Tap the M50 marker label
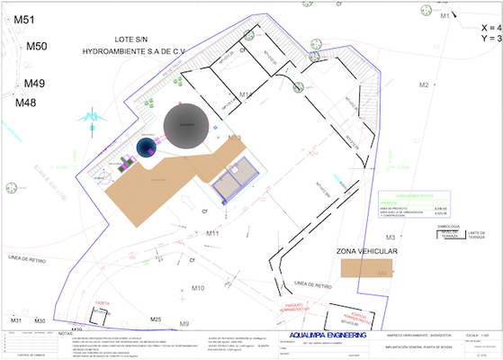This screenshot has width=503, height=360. (37, 46)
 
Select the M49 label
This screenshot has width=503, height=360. (34, 84)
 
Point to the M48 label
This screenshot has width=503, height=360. (26, 103)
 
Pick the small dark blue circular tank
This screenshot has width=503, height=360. (147, 148)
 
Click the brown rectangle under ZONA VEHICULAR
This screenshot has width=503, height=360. (372, 268)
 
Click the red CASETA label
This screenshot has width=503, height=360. (102, 303)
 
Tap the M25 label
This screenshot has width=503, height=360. (156, 319)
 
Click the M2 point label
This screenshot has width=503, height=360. (423, 85)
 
